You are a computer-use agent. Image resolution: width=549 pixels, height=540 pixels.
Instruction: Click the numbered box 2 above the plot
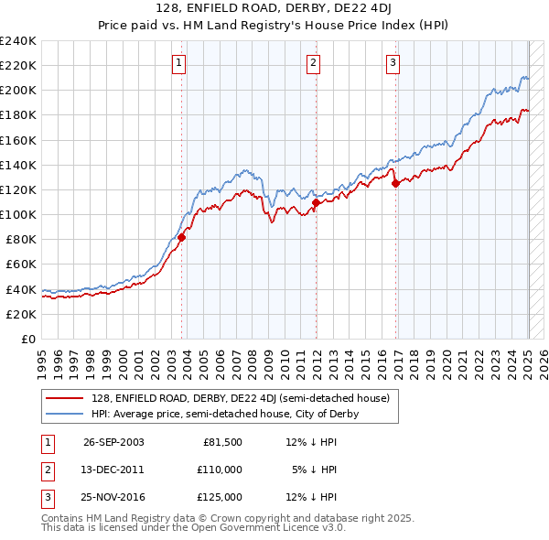(x=313, y=63)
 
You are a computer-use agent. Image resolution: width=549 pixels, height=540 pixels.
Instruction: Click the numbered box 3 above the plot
(x=393, y=63)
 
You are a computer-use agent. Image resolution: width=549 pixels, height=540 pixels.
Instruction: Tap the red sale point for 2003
(x=181, y=237)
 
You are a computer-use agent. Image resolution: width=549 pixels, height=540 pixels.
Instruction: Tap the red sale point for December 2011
(x=316, y=202)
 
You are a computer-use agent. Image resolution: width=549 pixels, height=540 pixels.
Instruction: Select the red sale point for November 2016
(x=396, y=183)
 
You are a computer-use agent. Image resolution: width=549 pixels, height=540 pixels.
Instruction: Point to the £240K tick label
(x=18, y=41)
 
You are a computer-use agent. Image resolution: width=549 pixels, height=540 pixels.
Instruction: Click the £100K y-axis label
(x=18, y=214)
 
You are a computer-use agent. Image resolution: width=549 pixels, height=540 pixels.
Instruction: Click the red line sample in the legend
(x=64, y=398)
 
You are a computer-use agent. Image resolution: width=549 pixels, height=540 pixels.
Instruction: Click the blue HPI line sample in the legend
(x=64, y=414)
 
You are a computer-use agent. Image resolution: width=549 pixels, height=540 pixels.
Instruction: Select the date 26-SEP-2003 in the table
(x=113, y=442)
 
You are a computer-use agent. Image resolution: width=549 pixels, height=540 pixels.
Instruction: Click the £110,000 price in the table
(x=221, y=470)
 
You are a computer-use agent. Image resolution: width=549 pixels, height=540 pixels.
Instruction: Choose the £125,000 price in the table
(x=221, y=497)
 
